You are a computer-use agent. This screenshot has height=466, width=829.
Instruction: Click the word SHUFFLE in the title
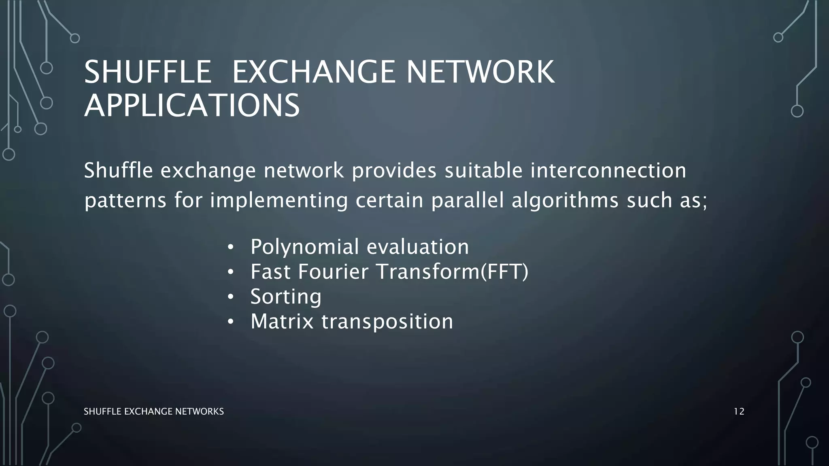(148, 72)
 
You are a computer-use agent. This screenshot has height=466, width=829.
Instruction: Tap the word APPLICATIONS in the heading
(192, 106)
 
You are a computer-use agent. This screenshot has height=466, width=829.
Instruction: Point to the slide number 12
(739, 412)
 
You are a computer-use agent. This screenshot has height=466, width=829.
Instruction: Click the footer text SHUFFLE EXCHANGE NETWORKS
(153, 412)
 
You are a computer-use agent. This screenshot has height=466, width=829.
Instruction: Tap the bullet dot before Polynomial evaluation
(230, 248)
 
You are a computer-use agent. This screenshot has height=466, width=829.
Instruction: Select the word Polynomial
(304, 247)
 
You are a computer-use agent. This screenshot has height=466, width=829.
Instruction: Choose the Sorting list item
(286, 297)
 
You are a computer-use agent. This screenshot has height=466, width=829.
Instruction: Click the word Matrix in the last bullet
(282, 322)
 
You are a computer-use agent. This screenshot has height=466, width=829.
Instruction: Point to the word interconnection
(608, 170)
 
